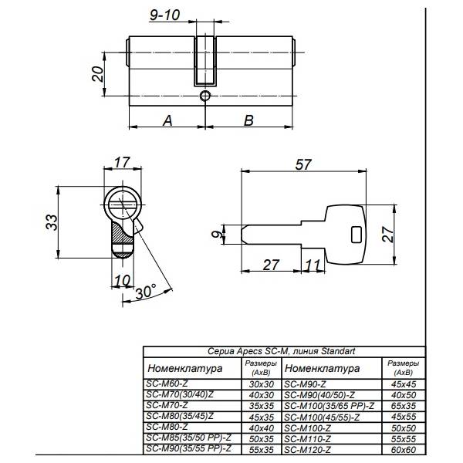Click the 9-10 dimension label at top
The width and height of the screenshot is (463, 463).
pyautogui.click(x=164, y=15)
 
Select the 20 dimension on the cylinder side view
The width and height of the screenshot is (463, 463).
pyautogui.click(x=98, y=74)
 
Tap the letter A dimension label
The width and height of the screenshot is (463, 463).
pyautogui.click(x=167, y=120)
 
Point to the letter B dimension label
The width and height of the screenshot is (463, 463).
pyautogui.click(x=248, y=120)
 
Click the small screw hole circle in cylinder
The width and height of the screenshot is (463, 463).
pyautogui.click(x=205, y=96)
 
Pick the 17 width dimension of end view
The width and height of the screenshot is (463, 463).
pyautogui.click(x=122, y=162)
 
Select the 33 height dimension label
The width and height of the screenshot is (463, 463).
pyautogui.click(x=52, y=222)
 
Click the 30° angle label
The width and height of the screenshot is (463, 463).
pyautogui.click(x=146, y=292)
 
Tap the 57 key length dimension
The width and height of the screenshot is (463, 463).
pyautogui.click(x=303, y=164)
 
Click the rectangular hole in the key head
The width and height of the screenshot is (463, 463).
pyautogui.click(x=357, y=235)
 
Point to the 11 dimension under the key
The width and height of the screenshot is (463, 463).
pyautogui.click(x=313, y=265)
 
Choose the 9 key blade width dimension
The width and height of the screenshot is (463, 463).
pyautogui.click(x=218, y=234)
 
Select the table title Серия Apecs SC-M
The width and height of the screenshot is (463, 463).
pyautogui.click(x=281, y=351)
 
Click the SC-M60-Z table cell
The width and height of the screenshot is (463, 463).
pyautogui.click(x=167, y=384)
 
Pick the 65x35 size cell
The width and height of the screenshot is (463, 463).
pyautogui.click(x=404, y=406)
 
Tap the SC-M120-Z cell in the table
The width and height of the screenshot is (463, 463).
pyautogui.click(x=307, y=450)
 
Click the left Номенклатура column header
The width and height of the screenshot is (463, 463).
pyautogui.click(x=185, y=369)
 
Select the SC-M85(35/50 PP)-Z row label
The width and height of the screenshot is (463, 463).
pyautogui.click(x=189, y=438)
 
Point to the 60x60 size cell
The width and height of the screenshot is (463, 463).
pyautogui.click(x=404, y=450)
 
